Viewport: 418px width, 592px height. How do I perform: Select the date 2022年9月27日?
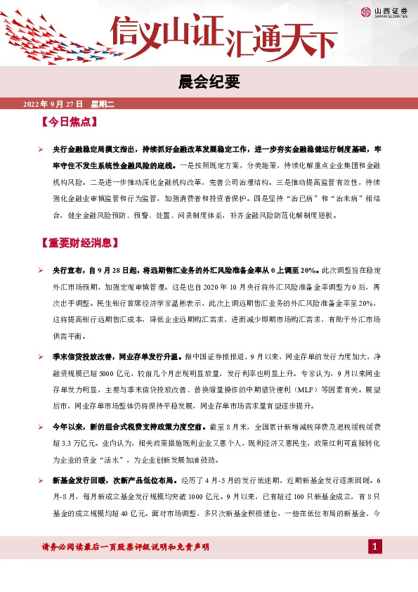pos(53,104)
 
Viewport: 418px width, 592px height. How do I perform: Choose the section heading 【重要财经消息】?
pos(81,244)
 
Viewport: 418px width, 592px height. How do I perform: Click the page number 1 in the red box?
pos(375,547)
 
